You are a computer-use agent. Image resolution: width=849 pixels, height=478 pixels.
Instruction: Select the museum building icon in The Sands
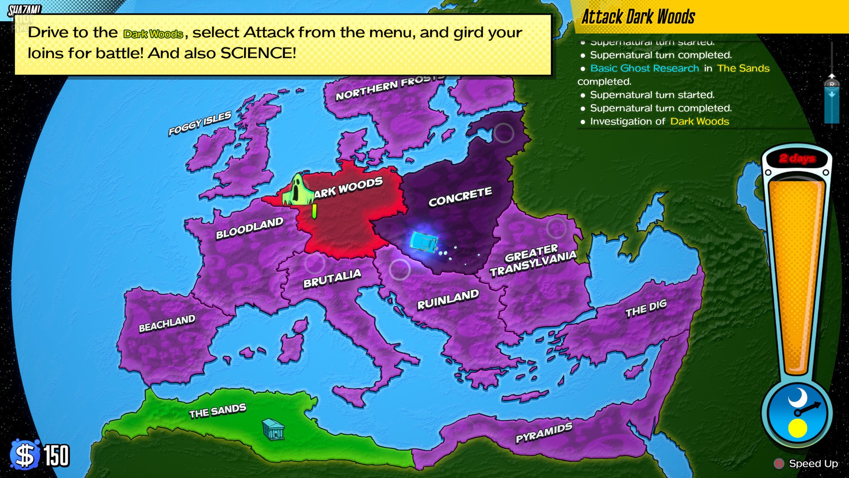(x=273, y=429)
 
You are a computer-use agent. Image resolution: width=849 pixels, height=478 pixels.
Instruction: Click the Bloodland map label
(x=249, y=228)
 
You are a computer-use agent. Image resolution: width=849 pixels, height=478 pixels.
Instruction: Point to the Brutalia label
(x=332, y=278)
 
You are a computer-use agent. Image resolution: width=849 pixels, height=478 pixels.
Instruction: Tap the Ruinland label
(x=447, y=300)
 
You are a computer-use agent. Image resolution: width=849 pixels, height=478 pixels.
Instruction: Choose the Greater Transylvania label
(x=532, y=260)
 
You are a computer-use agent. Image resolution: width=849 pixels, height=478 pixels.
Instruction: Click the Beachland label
(x=167, y=324)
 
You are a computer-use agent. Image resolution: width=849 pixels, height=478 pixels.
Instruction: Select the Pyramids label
(x=544, y=432)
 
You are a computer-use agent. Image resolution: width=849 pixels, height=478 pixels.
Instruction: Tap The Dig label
(x=646, y=308)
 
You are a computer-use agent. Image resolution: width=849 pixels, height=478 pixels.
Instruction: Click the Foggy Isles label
(x=199, y=123)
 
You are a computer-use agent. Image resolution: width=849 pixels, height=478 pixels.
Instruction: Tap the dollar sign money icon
(x=25, y=455)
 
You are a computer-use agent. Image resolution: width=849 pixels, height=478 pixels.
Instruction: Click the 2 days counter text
(x=797, y=158)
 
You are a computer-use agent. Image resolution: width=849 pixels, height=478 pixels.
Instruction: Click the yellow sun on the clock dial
(x=797, y=428)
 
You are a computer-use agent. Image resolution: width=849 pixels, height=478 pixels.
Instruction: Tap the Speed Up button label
(x=813, y=463)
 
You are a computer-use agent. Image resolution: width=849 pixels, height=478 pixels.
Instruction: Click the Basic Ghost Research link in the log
(x=644, y=68)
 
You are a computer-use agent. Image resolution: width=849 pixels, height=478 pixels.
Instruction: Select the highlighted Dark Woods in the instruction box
(x=153, y=34)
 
